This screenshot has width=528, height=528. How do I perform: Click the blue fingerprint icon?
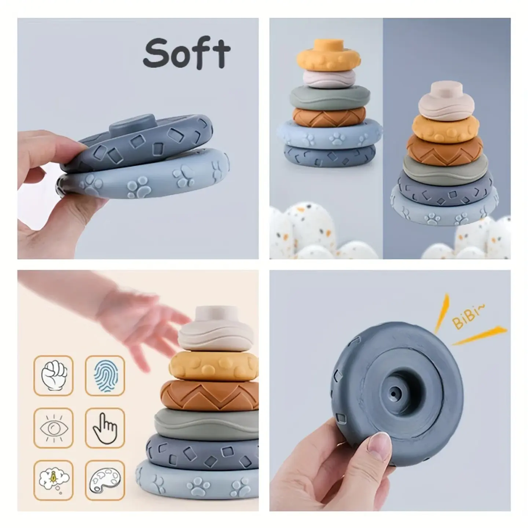tap(106, 375)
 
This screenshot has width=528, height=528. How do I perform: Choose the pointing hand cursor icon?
tap(104, 429)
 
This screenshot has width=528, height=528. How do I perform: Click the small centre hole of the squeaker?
tap(394, 393)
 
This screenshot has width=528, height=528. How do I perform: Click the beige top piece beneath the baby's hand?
tap(215, 329)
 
